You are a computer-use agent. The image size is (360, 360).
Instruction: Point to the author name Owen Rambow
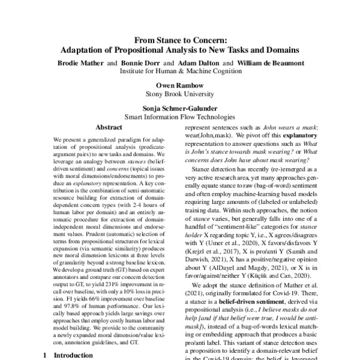click(181, 85)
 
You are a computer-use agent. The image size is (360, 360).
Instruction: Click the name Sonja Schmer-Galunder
click(181, 107)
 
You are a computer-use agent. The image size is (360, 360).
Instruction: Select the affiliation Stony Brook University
click(181, 94)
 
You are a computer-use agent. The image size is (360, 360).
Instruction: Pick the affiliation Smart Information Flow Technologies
click(181, 116)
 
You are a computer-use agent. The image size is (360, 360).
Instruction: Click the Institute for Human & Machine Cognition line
click(181, 71)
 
